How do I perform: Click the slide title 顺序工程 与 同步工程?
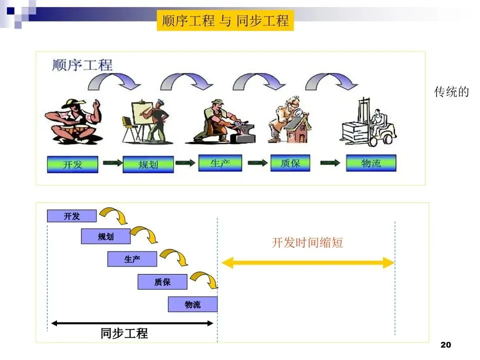225,21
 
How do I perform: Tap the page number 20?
446,345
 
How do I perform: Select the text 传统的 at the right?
451,92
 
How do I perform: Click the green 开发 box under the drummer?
72,164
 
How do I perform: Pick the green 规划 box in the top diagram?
148,164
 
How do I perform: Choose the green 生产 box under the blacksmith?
220,163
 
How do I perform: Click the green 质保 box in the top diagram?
290,163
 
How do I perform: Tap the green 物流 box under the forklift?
371,163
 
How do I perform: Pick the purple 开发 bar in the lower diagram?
71,216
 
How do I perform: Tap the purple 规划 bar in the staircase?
105,236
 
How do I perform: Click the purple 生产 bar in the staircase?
132,259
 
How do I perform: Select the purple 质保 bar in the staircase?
162,282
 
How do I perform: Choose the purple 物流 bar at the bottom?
192,304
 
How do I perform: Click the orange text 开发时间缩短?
307,243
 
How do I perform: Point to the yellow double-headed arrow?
308,262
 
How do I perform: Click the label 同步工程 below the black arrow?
124,333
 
